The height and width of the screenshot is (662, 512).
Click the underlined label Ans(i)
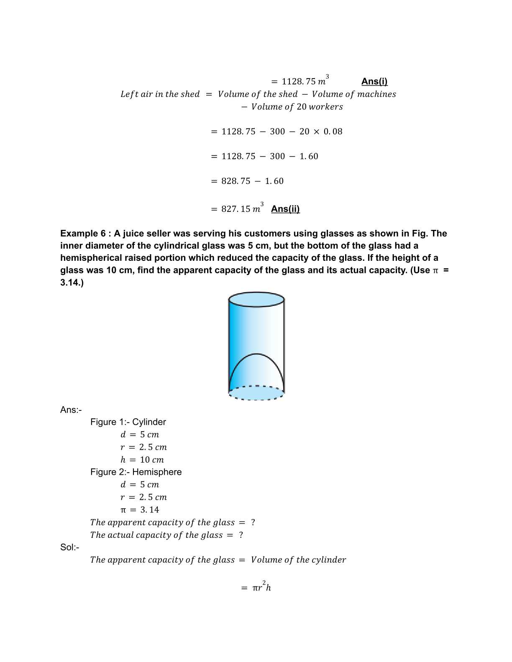(x=374, y=81)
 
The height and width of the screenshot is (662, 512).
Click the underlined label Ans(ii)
(x=285, y=209)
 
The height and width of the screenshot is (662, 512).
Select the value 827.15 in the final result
(x=236, y=209)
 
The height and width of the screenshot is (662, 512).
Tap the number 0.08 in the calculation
(x=333, y=132)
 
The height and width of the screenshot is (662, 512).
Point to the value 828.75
(x=236, y=181)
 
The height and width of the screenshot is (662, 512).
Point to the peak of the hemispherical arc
(x=256, y=354)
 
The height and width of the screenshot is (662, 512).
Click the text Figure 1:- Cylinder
(x=128, y=422)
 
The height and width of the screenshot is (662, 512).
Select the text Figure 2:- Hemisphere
(x=136, y=472)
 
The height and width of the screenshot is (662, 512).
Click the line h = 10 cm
(x=142, y=460)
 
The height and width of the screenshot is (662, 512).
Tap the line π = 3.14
(x=140, y=510)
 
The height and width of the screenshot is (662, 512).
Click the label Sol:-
(x=69, y=547)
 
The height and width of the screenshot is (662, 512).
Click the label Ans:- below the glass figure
(x=71, y=410)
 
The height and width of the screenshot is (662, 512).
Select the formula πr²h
(x=261, y=588)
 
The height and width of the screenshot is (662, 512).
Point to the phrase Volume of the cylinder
(x=298, y=560)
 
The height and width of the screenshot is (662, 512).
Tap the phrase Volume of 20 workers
(x=297, y=107)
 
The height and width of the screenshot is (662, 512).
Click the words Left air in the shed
(x=160, y=94)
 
